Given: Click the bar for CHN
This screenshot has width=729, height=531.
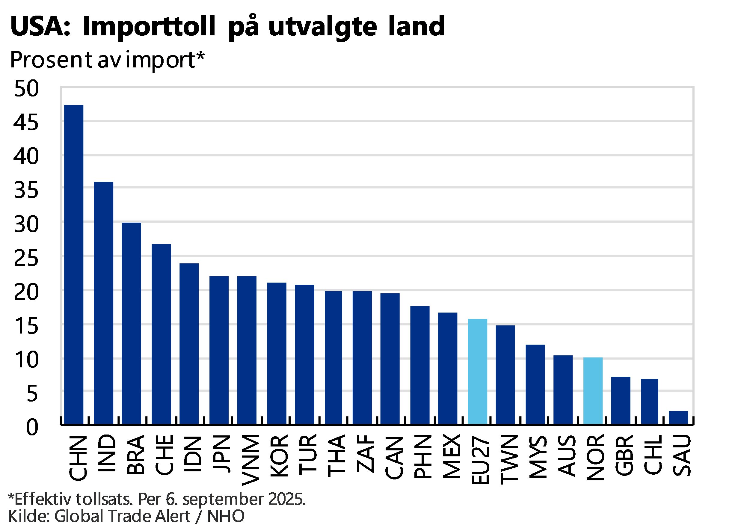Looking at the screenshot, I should pyautogui.click(x=74, y=264).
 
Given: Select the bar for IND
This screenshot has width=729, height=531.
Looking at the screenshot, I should pyautogui.click(x=104, y=302).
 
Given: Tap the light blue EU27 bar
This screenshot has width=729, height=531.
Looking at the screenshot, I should pyautogui.click(x=478, y=371).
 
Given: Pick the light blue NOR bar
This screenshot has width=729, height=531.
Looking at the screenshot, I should pyautogui.click(x=593, y=390).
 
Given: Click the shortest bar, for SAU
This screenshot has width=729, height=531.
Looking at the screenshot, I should pyautogui.click(x=679, y=417).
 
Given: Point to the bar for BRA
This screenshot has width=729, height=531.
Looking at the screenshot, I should pyautogui.click(x=132, y=323).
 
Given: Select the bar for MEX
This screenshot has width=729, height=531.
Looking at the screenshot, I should pyautogui.click(x=448, y=368).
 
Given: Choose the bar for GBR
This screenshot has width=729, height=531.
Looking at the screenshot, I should pyautogui.click(x=621, y=400).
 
